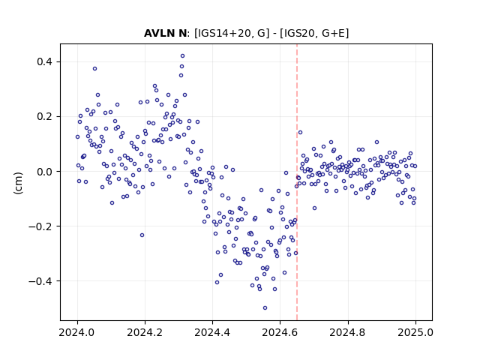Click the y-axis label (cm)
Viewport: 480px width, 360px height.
(18, 183)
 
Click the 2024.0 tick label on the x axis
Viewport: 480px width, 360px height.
(77, 332)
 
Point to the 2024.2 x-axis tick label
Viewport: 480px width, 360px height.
(145, 332)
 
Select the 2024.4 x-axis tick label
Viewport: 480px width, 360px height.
(212, 332)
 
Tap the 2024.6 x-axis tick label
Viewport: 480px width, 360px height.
(280, 332)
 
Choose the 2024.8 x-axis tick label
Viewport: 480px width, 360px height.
(348, 332)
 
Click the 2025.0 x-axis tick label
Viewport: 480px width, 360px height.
(415, 332)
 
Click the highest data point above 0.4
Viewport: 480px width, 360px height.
(183, 56)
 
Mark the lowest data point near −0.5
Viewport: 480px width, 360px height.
(265, 308)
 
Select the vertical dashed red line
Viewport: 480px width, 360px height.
(297, 182)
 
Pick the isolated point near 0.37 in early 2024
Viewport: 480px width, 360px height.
(95, 69)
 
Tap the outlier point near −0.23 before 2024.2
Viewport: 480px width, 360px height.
(142, 235)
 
